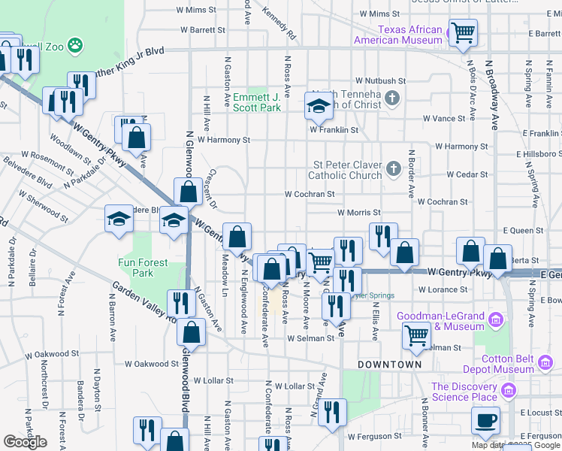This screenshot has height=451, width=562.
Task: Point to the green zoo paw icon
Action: coord(74,47)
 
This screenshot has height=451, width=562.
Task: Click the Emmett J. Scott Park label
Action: coord(256,102)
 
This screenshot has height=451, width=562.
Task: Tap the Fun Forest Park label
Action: coord(136,268)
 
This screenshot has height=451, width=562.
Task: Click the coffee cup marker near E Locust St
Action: coord(485,419)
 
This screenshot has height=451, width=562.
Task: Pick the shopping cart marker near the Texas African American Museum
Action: coord(463,33)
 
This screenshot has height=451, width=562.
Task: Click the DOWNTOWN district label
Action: coord(389,364)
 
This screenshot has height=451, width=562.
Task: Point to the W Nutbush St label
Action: coord(380,80)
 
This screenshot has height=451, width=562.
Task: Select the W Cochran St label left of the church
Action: coord(309,194)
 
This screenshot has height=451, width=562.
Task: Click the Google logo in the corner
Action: coord(26,442)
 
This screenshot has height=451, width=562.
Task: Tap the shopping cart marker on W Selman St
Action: coord(415,334)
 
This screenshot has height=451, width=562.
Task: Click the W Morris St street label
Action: coord(359,213)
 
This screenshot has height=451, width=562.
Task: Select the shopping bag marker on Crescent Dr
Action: coord(188,191)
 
